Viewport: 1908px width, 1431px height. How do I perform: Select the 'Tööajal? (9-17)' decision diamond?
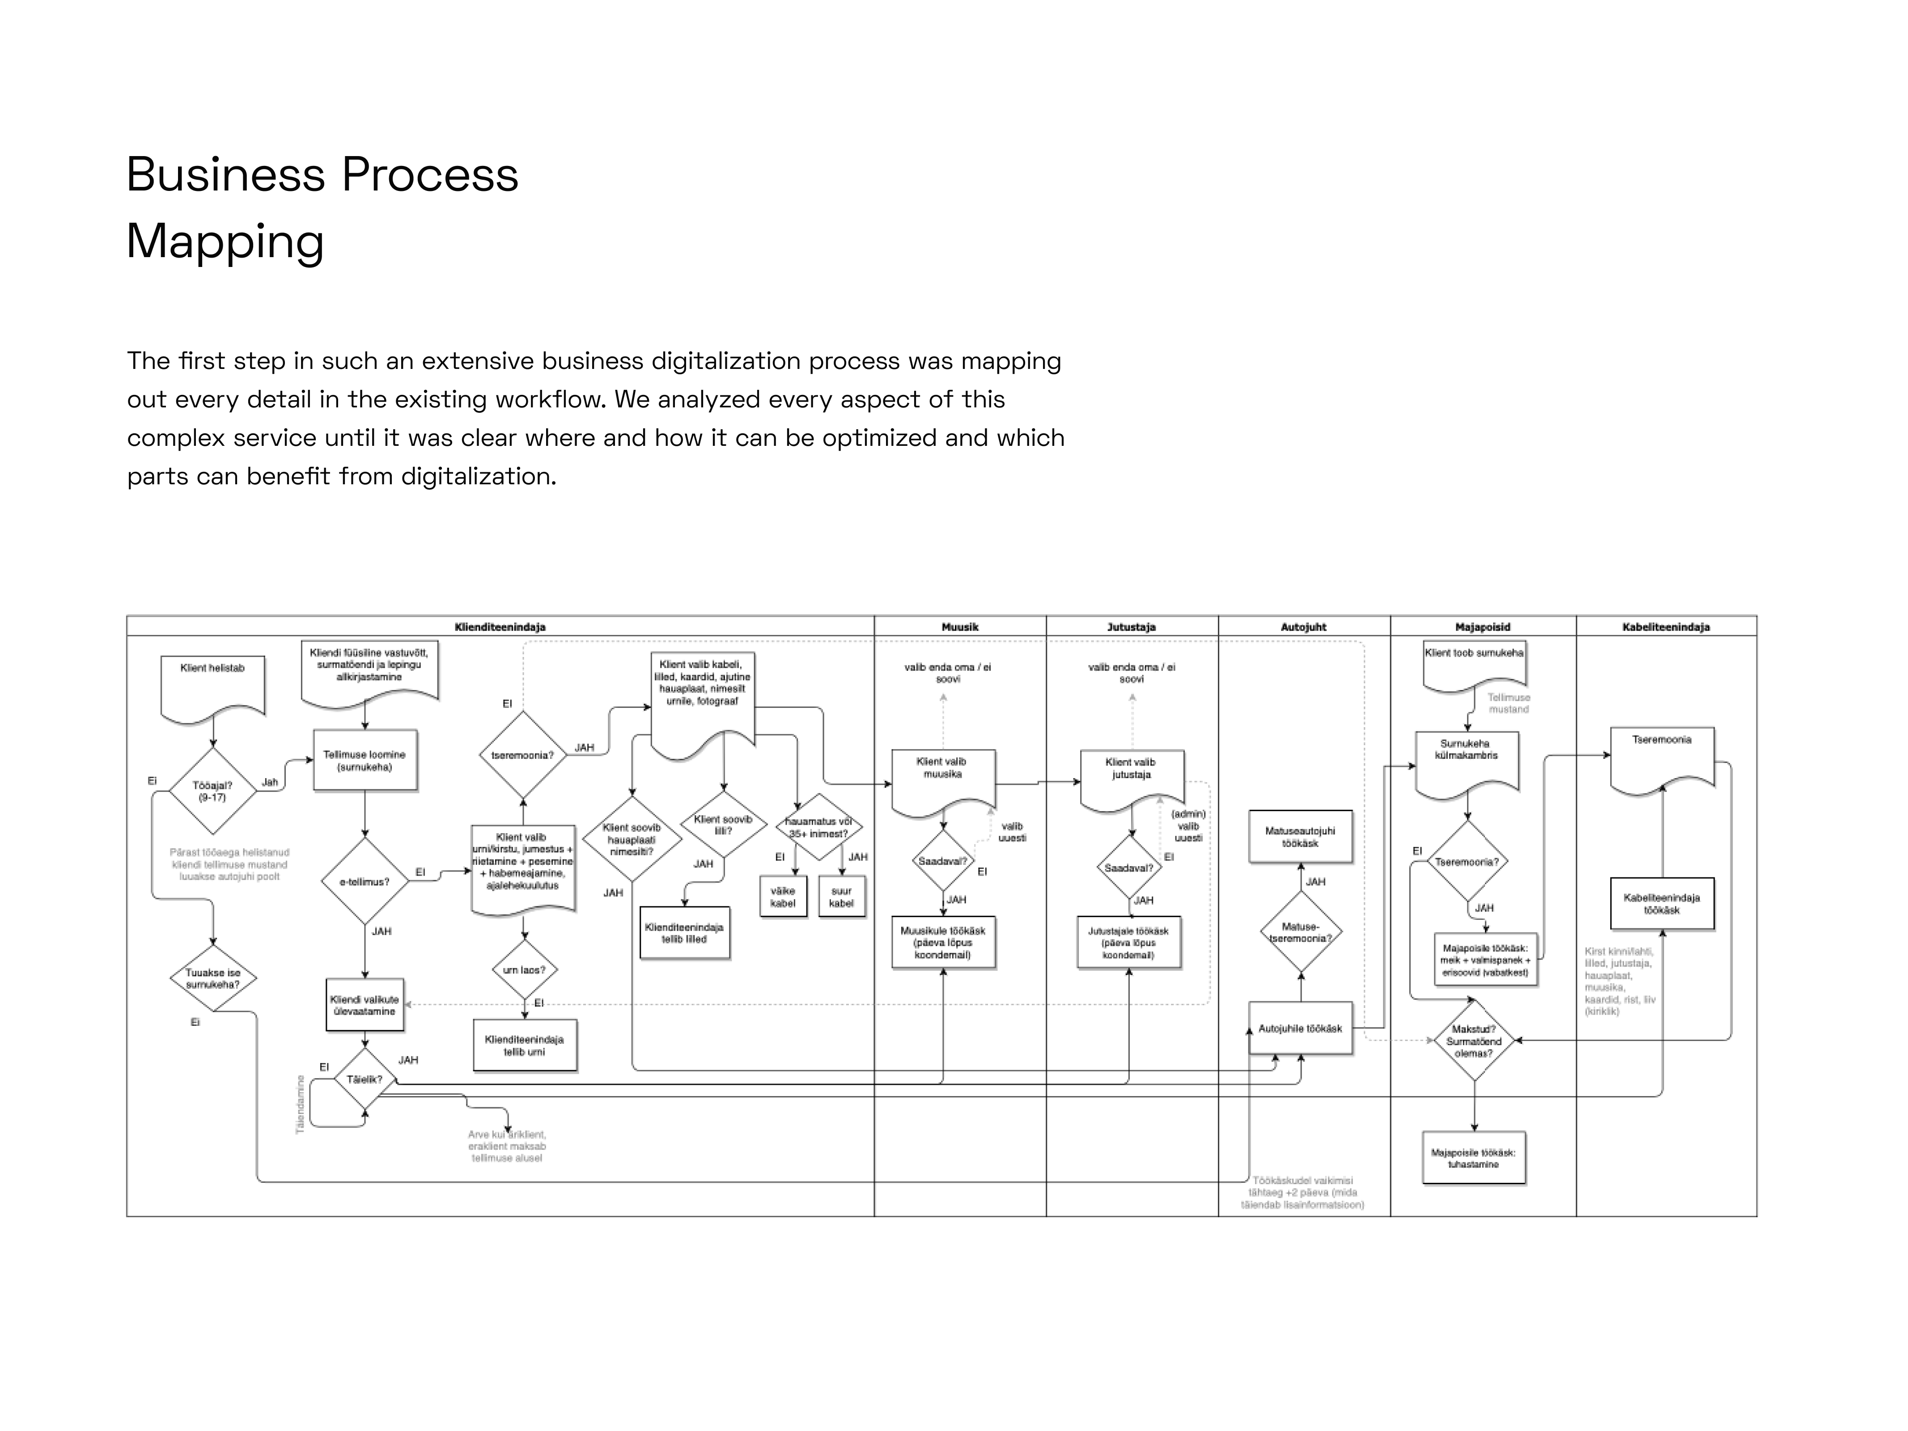[212, 791]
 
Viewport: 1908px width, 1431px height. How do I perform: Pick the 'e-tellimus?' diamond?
[365, 881]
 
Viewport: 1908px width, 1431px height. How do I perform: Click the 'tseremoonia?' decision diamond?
[523, 755]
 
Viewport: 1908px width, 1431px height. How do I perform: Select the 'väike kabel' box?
[782, 897]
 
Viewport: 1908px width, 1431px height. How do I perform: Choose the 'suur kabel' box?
[841, 897]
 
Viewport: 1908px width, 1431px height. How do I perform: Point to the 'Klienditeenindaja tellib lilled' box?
[684, 932]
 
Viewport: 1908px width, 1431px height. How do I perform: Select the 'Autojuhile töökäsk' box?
[1300, 1028]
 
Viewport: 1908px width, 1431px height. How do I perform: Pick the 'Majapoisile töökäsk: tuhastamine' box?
[1473, 1158]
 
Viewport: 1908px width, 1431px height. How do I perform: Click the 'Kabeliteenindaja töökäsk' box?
[1661, 904]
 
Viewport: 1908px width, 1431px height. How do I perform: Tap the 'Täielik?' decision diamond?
[364, 1079]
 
